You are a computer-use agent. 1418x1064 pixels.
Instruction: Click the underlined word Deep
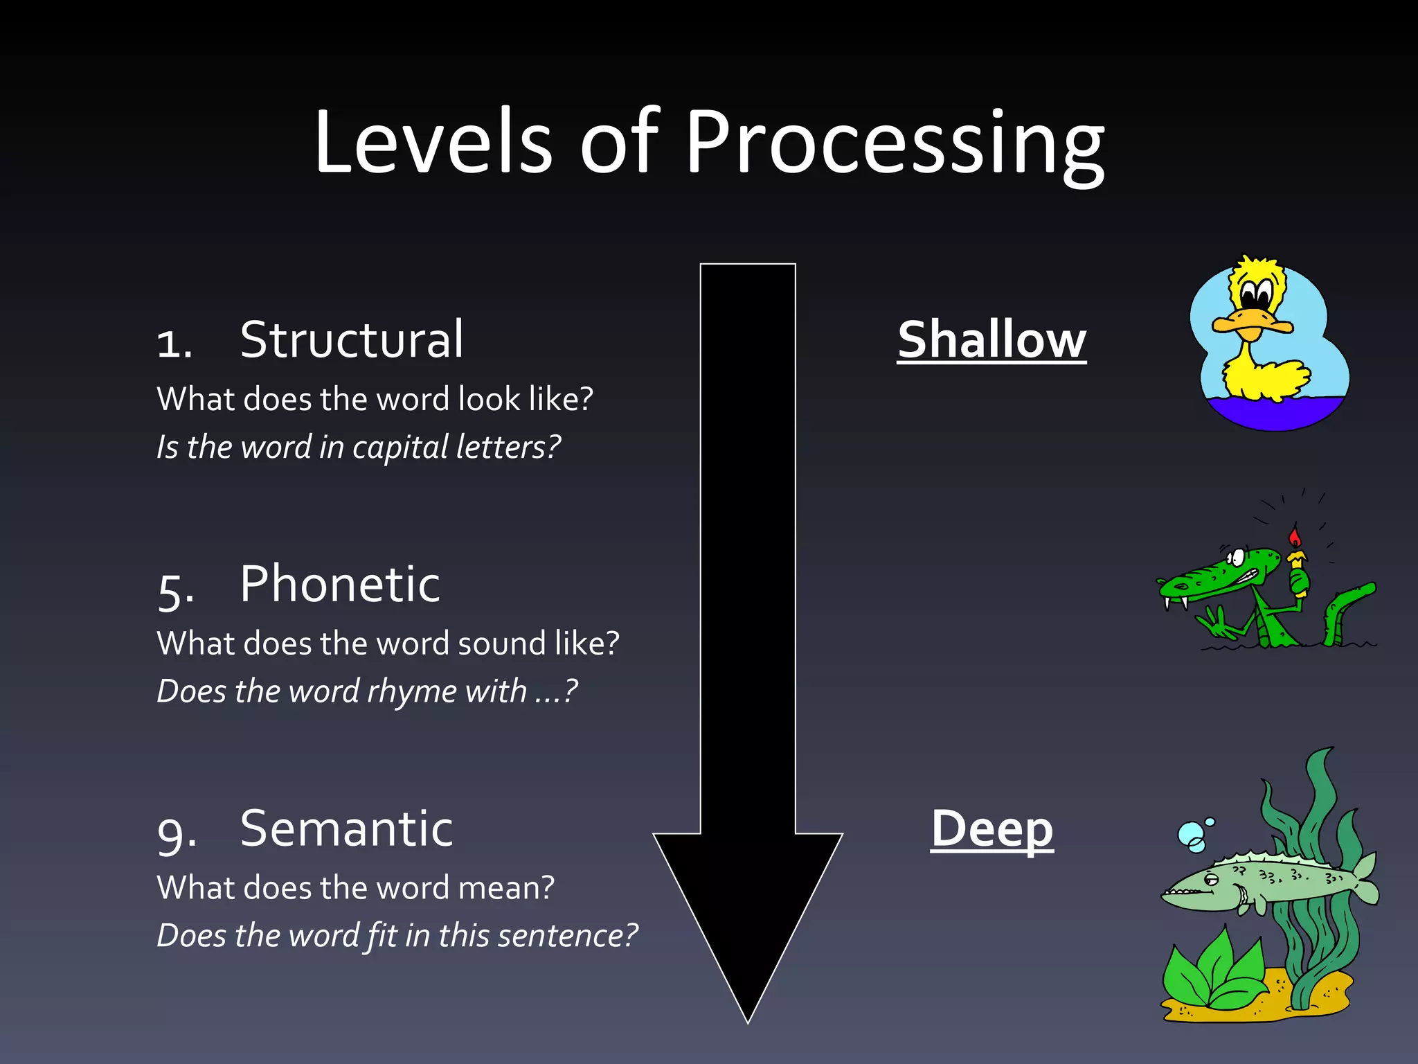click(991, 828)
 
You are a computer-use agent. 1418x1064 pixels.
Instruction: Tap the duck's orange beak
click(1252, 324)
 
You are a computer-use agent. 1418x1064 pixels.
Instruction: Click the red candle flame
click(1295, 536)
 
